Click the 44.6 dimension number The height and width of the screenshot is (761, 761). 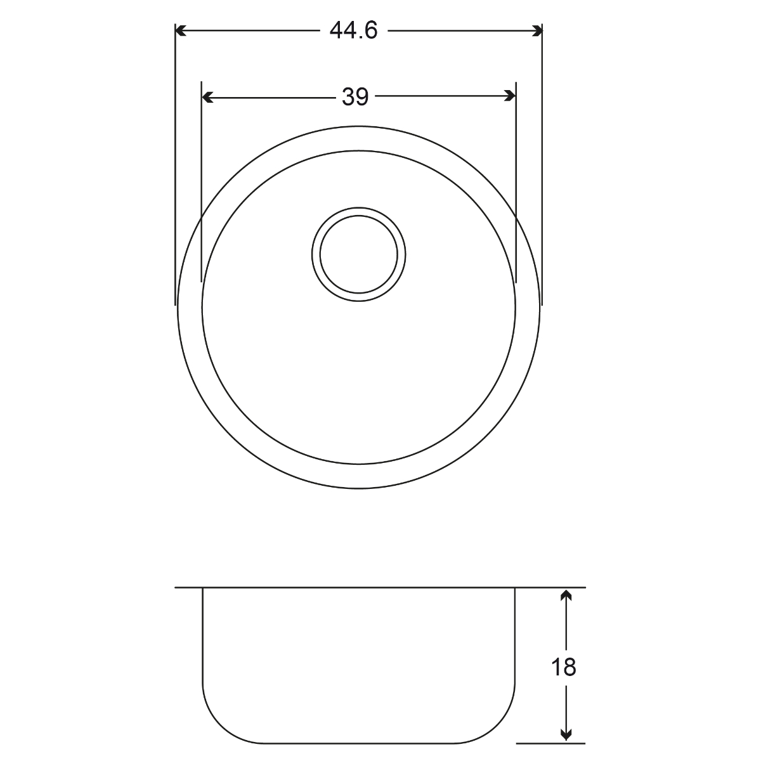coord(354,30)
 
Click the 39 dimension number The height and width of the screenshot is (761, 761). coord(355,96)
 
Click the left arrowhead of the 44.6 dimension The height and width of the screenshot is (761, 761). coord(180,30)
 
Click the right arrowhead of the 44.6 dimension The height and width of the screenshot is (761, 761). coord(538,30)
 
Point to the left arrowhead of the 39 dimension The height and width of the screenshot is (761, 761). coord(207,97)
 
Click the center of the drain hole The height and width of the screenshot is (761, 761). coord(359,255)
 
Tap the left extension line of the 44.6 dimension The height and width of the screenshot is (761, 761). coord(175,165)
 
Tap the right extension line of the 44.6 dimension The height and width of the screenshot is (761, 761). coord(543,165)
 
